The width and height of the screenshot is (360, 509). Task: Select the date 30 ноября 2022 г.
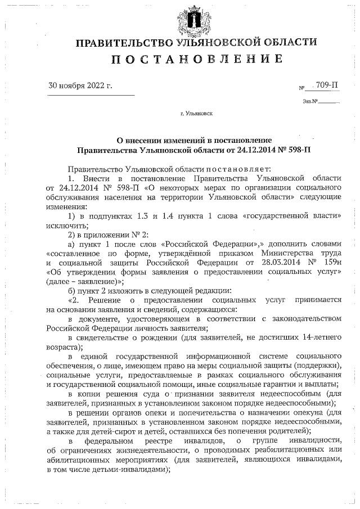click(80, 86)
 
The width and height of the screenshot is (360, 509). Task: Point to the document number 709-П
click(327, 85)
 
